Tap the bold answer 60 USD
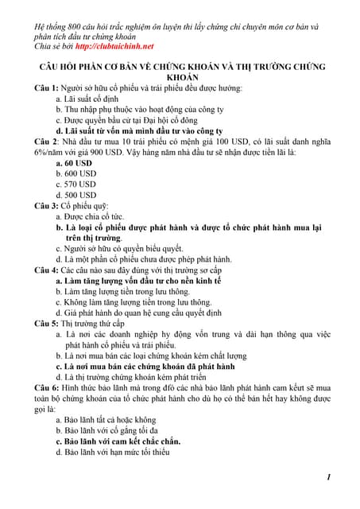[80, 162]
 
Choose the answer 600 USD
[81, 173]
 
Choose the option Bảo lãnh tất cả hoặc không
[110, 419]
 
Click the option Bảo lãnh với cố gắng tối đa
[116, 430]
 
